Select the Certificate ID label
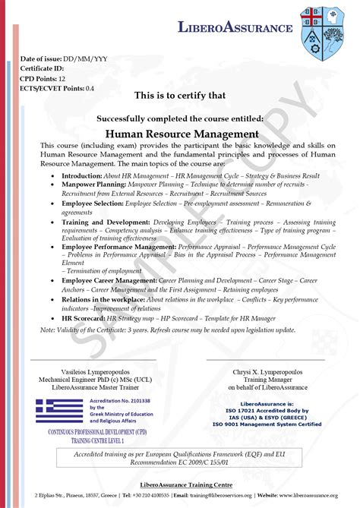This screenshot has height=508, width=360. [43, 68]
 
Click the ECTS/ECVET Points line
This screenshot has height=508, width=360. [57, 88]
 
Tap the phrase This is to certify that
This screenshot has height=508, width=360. [180, 96]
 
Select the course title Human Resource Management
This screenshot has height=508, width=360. [180, 134]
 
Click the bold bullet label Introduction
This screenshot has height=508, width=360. [81, 175]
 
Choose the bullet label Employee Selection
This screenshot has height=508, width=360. [94, 204]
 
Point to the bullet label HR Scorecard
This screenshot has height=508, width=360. [83, 319]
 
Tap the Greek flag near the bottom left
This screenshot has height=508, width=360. [59, 410]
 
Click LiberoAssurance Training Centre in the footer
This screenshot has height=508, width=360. [180, 484]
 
